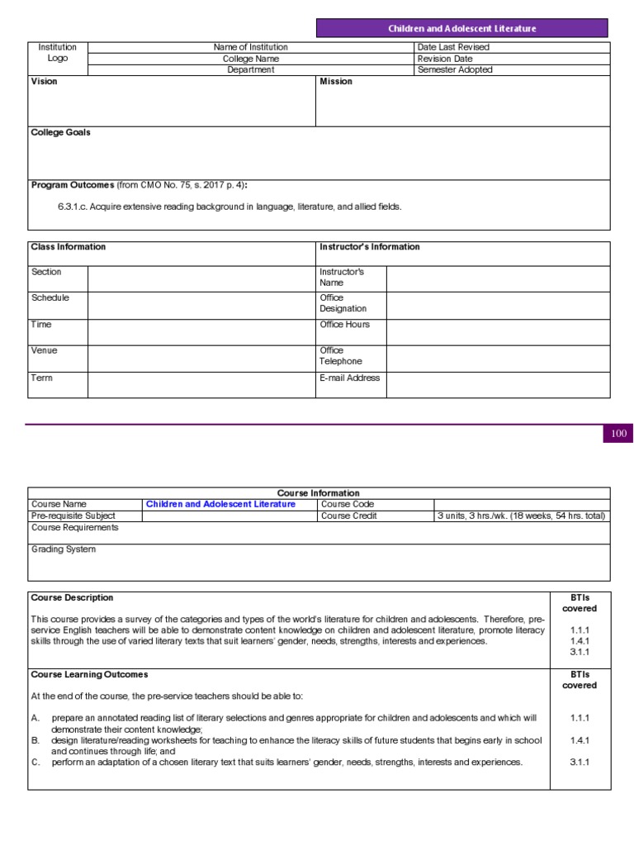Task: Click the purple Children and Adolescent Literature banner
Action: click(x=462, y=28)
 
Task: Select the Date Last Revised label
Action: click(x=453, y=48)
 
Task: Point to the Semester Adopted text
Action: click(x=455, y=70)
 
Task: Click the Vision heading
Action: click(x=44, y=82)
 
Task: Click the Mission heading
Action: click(x=336, y=82)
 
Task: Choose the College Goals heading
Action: click(x=60, y=132)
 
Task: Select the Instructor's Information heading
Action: click(x=369, y=247)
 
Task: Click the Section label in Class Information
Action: click(x=46, y=272)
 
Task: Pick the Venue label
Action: click(x=45, y=350)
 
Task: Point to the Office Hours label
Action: click(x=344, y=325)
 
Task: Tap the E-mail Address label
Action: click(x=350, y=378)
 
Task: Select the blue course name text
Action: click(x=220, y=504)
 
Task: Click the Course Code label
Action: click(x=347, y=504)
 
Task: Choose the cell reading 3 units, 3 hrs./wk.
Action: click(x=522, y=516)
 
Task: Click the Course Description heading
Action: click(x=72, y=597)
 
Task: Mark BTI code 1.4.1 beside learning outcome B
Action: click(x=580, y=741)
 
